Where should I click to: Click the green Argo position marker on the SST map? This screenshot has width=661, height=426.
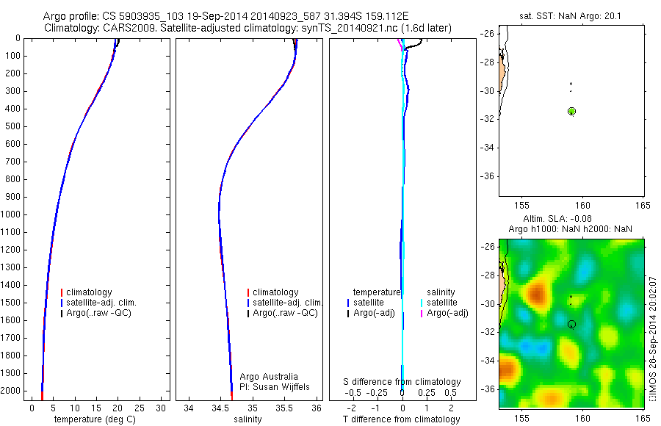[571, 111]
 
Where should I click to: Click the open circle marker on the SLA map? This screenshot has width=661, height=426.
[571, 324]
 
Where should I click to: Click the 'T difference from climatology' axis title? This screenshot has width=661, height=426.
[402, 419]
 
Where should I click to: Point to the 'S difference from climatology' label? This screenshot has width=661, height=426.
[402, 382]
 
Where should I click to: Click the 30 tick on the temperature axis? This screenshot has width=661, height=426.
[161, 408]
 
